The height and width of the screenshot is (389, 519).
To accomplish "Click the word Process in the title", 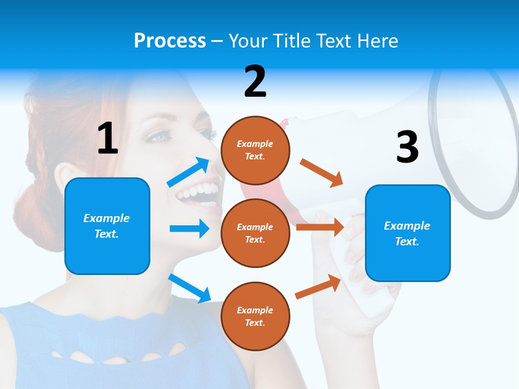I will [x=170, y=41].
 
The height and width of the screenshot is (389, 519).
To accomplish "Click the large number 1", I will [x=108, y=138].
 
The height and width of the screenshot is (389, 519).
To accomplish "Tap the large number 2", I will [x=255, y=82].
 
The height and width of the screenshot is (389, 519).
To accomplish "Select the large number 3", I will [x=408, y=147].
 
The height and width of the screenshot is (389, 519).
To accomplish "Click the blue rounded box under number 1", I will [x=107, y=226].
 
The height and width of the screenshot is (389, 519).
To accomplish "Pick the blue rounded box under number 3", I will [x=408, y=233].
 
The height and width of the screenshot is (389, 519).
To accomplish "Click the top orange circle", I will [x=255, y=150].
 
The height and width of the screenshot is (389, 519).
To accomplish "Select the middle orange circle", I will [x=255, y=233].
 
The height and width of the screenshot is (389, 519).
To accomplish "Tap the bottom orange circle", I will [x=255, y=316].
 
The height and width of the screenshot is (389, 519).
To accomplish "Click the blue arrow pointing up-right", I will [x=189, y=172].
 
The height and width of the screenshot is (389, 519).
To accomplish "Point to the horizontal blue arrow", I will [x=189, y=229].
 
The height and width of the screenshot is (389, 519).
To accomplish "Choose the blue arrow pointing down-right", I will [x=190, y=287].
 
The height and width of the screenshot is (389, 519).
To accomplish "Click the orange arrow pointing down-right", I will [x=322, y=173].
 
